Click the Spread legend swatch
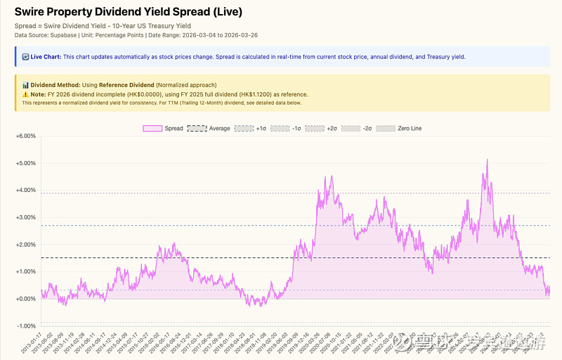pyautogui.click(x=152, y=129)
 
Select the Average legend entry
pyautogui.click(x=209, y=129)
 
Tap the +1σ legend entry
pyautogui.click(x=250, y=129)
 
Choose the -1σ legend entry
pyautogui.click(x=287, y=129)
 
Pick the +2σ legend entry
pyautogui.click(x=324, y=129)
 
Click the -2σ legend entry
pyautogui.click(x=360, y=129)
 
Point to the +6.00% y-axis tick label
pyautogui.click(x=25, y=136)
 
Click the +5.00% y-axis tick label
pyautogui.click(x=25, y=163)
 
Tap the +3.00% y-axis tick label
pyautogui.click(x=25, y=217)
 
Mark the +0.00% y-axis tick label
pyautogui.click(x=25, y=299)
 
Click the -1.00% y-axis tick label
pyautogui.click(x=25, y=326)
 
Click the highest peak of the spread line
pyautogui.click(x=486, y=160)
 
